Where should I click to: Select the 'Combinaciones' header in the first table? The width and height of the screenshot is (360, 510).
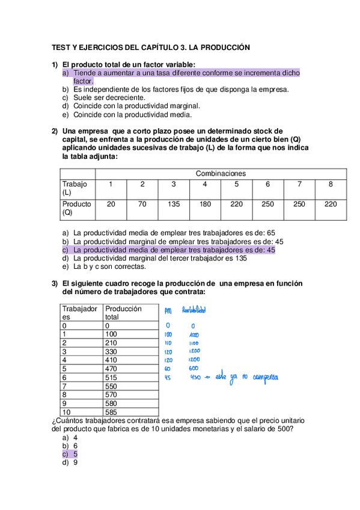click(x=221, y=173)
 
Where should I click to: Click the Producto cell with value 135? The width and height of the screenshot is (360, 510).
click(x=174, y=204)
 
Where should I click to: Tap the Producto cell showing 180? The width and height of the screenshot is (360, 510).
click(x=205, y=204)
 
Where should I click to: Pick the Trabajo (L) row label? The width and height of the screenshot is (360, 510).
click(x=75, y=188)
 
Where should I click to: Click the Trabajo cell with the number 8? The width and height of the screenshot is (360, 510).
click(x=330, y=184)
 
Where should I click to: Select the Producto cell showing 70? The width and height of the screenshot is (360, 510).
click(x=142, y=204)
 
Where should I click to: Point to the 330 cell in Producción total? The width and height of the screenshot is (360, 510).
click(x=112, y=351)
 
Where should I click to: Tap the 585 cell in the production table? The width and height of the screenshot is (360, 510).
click(x=112, y=413)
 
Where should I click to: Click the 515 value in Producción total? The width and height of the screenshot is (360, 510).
click(x=112, y=377)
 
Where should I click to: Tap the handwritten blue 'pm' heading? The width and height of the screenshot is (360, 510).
click(x=168, y=311)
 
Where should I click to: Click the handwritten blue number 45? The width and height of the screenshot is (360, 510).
click(x=168, y=378)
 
